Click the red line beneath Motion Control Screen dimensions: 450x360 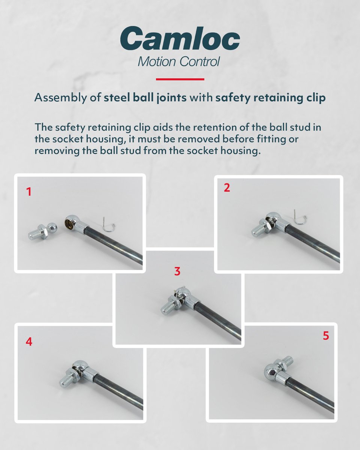[180, 79]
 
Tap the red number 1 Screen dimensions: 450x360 [29, 192]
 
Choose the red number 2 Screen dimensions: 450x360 [226, 188]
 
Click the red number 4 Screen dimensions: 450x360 [29, 342]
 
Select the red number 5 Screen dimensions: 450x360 [326, 336]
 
